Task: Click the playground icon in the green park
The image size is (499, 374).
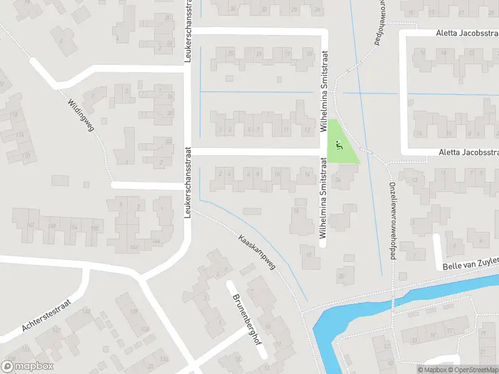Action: [339, 146]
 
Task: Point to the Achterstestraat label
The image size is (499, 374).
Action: [47, 316]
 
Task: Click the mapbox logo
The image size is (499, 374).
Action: [27, 367]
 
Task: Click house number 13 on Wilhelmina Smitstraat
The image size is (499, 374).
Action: [307, 130]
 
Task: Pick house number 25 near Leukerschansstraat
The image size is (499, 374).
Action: [231, 54]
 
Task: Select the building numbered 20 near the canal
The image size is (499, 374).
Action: [341, 276]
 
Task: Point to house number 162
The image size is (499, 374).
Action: [31, 225]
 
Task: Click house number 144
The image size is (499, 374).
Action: [134, 247]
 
